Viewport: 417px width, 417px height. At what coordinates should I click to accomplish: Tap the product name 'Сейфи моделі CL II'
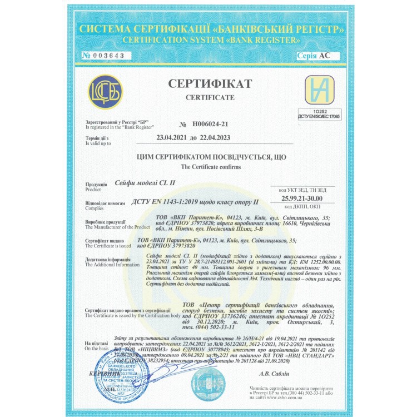pos(144,183)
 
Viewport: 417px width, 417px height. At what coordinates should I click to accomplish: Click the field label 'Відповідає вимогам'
pos(103,204)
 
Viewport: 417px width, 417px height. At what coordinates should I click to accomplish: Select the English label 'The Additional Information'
pos(112,265)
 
